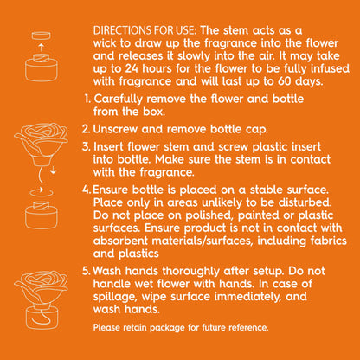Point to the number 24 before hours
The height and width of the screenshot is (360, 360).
point(132,68)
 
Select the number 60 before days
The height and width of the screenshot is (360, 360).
point(285,81)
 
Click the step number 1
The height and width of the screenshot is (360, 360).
point(87,99)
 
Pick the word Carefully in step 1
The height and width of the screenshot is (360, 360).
point(119,100)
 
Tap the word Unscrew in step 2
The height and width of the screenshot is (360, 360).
point(115,129)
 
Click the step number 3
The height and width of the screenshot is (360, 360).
point(86,146)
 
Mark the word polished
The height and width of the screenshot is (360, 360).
point(209,215)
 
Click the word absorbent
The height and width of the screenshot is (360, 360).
point(120,241)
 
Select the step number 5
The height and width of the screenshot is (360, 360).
point(86,271)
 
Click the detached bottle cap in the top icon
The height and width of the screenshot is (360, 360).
point(42,35)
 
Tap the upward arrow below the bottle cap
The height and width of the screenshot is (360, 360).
point(42,48)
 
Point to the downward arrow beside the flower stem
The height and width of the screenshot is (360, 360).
point(53,170)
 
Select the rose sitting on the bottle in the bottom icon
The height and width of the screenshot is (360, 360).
point(41,288)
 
